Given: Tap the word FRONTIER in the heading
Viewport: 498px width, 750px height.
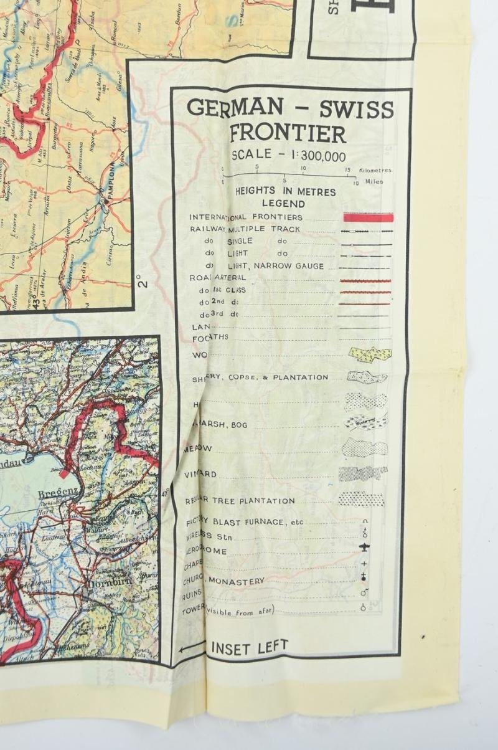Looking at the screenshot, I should click(288, 133).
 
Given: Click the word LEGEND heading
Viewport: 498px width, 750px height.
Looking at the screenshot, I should click(283, 204).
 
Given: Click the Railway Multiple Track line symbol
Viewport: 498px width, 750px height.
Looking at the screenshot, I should click(366, 231).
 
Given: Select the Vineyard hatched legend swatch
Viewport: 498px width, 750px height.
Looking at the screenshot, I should click(363, 473).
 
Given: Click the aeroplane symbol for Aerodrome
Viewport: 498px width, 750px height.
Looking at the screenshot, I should click(364, 548).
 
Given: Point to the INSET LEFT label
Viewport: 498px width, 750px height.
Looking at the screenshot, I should click(250, 648).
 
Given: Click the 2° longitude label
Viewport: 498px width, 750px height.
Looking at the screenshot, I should click(144, 283).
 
